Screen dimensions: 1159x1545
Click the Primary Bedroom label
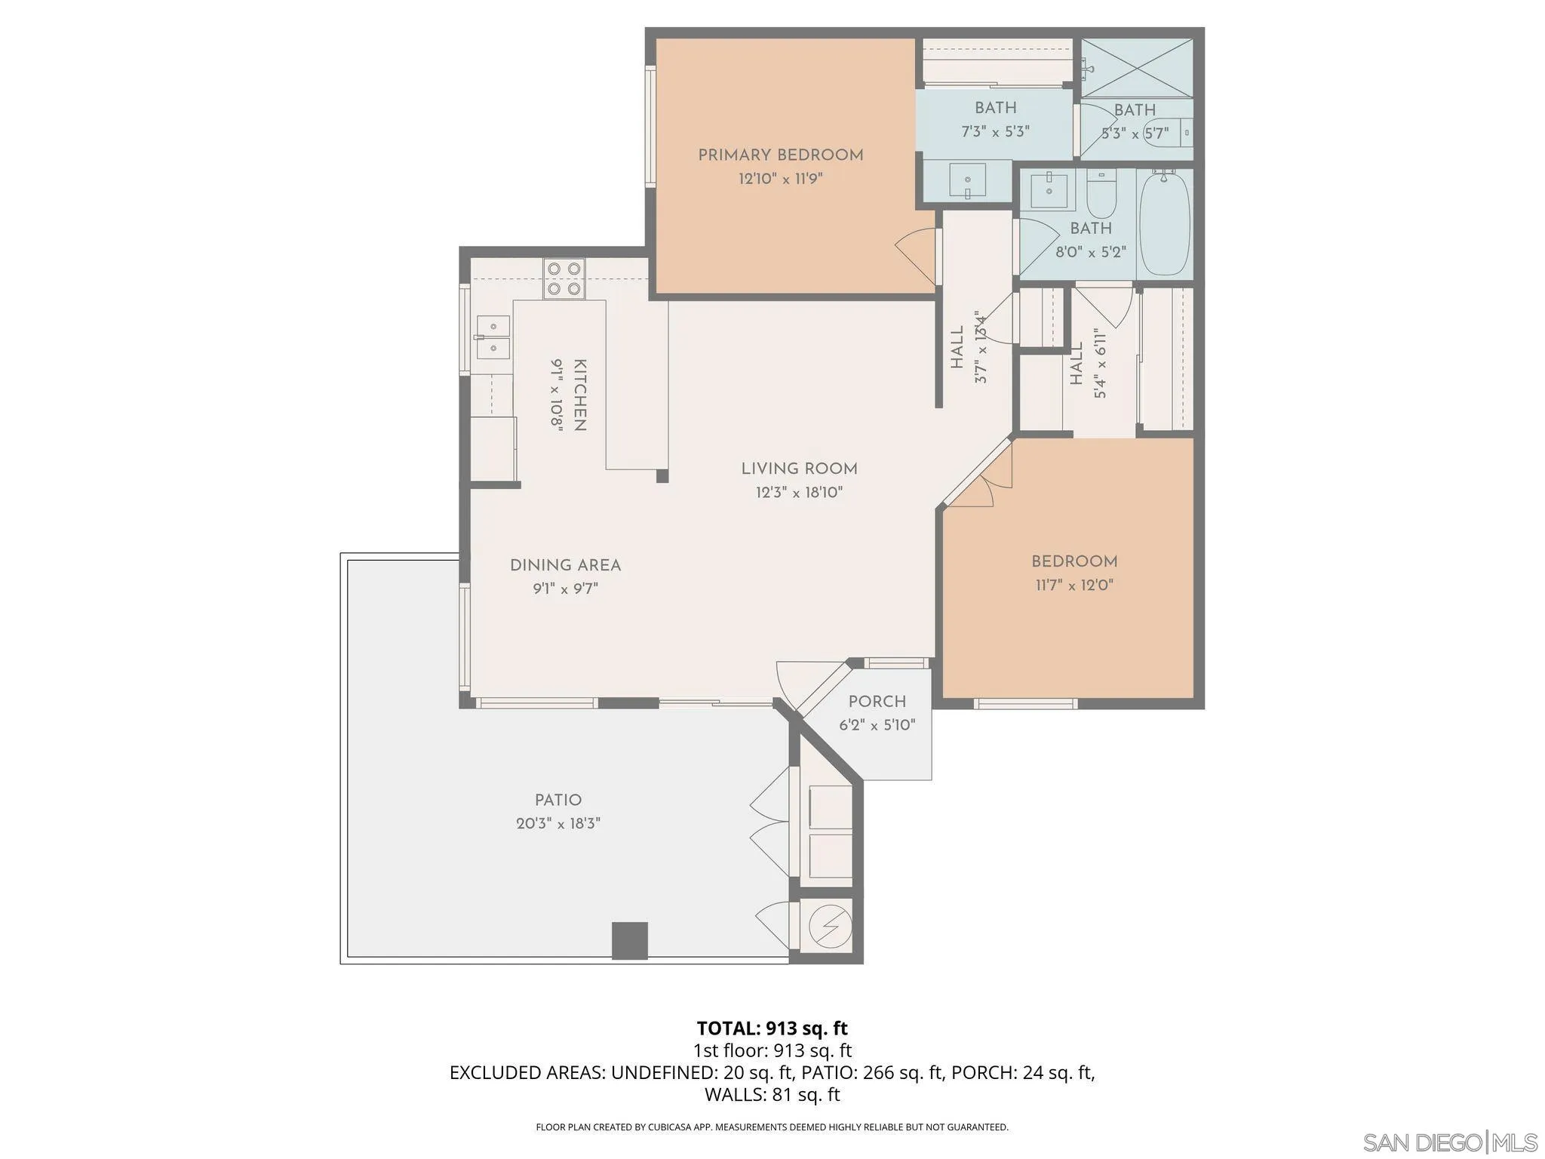tap(780, 155)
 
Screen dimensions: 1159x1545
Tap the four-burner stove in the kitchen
tap(564, 278)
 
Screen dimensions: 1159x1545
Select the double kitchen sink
tap(493, 337)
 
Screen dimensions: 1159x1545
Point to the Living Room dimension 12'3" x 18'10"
tap(799, 493)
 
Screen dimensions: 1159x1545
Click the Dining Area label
tap(565, 565)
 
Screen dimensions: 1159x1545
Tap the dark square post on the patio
tap(629, 940)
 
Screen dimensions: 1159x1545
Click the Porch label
tap(877, 701)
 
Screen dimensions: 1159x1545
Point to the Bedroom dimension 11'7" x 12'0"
tap(1074, 585)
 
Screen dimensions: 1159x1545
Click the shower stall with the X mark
tap(1136, 68)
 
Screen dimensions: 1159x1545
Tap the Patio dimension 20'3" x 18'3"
tap(558, 824)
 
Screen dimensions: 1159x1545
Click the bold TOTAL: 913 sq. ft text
tap(772, 1028)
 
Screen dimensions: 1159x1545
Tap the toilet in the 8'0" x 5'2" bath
tap(1101, 194)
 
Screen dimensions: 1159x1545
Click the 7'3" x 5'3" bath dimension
tap(995, 131)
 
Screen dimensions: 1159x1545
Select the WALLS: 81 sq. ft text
tap(772, 1094)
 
